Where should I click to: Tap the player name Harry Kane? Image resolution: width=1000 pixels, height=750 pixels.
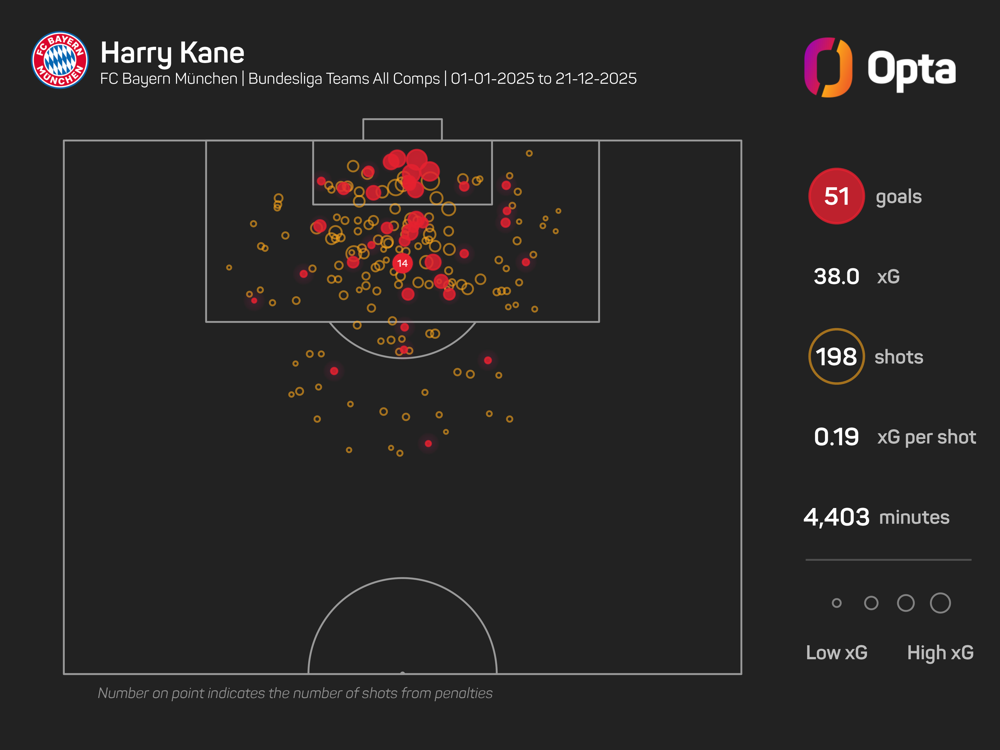click(172, 53)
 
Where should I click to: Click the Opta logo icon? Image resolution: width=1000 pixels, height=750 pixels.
click(828, 67)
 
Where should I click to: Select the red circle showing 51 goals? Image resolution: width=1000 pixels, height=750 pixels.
click(836, 196)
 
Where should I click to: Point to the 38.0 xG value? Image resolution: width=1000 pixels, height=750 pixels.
click(836, 276)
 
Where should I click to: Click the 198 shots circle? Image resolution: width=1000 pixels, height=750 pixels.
click(836, 357)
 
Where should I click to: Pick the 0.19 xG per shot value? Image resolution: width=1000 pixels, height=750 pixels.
click(836, 437)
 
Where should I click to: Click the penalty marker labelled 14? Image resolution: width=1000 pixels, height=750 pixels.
click(402, 263)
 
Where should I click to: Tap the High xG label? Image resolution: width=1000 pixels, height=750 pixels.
click(940, 652)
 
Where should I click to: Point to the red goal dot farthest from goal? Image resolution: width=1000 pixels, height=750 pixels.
click(428, 443)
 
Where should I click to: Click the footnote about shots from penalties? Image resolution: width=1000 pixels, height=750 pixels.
click(295, 693)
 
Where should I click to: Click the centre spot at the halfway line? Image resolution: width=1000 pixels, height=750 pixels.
click(402, 673)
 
